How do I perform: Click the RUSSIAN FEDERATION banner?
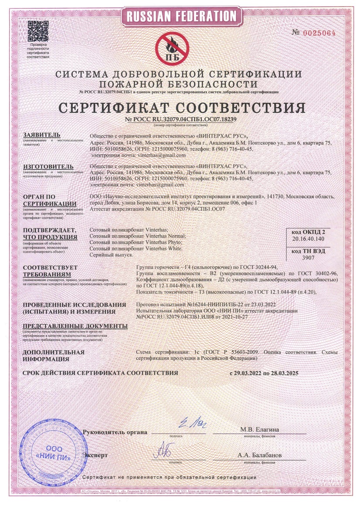coord(180,17)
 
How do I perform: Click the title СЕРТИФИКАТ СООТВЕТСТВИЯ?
coord(180,108)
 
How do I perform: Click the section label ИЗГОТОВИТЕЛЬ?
coord(48,167)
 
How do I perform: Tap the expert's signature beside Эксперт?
coord(164,448)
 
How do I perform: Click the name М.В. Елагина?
coord(260,430)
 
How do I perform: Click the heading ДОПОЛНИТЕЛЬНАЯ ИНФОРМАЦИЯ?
coord(53,355)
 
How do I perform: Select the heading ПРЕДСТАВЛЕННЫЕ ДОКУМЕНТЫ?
coord(75,326)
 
